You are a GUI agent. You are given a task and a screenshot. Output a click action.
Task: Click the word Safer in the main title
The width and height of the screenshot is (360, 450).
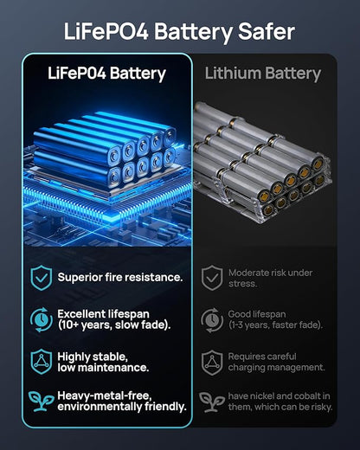pyautogui.click(x=267, y=31)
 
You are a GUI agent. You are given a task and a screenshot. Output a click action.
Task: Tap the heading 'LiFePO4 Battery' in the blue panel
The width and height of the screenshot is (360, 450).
pyautogui.click(x=106, y=74)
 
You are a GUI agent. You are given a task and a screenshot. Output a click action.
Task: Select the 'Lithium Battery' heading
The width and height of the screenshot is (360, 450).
pyautogui.click(x=263, y=74)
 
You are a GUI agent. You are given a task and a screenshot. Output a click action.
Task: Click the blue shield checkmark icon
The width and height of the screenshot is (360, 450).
pyautogui.click(x=42, y=278)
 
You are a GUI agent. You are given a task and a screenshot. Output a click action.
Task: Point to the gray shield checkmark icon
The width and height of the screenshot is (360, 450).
pyautogui.click(x=212, y=278)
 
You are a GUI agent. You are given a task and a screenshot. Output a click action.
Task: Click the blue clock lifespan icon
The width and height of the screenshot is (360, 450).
pyautogui.click(x=42, y=319)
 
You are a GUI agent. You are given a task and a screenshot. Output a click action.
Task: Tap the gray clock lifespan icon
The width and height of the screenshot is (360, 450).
pyautogui.click(x=212, y=319)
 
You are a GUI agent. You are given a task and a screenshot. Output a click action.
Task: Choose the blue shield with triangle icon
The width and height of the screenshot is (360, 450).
pyautogui.click(x=42, y=362)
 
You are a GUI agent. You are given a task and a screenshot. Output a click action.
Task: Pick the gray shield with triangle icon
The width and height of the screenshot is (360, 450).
pyautogui.click(x=212, y=363)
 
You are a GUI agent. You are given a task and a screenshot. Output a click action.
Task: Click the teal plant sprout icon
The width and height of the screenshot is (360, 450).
pyautogui.click(x=41, y=401)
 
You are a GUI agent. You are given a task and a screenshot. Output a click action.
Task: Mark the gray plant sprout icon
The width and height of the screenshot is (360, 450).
pyautogui.click(x=212, y=402)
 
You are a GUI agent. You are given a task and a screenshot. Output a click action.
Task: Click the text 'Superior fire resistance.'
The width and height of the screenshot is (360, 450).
pyautogui.click(x=120, y=277)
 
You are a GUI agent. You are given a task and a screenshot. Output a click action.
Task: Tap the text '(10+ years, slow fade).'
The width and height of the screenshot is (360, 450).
pyautogui.click(x=114, y=325)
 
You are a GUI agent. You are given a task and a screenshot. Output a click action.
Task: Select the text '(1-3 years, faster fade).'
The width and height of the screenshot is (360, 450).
pyautogui.click(x=275, y=325)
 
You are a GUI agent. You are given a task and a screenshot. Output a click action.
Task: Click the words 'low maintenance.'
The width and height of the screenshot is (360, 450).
pyautogui.click(x=103, y=368)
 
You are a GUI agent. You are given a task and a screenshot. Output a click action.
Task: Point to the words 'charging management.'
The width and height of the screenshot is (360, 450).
pyautogui.click(x=276, y=368)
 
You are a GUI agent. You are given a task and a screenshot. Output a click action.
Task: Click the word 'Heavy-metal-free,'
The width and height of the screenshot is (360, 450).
pyautogui.click(x=105, y=395)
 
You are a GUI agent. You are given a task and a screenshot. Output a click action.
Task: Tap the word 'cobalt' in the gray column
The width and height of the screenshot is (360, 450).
pyautogui.click(x=305, y=395)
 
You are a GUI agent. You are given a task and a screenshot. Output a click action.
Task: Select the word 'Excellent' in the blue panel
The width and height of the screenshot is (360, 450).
pyautogui.click(x=81, y=314)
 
